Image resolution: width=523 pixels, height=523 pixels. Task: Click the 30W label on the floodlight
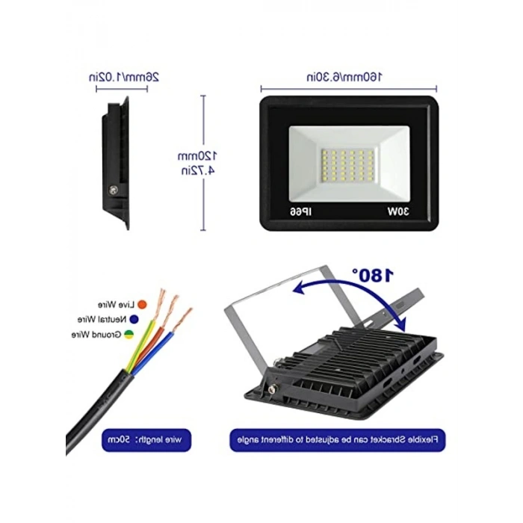398,211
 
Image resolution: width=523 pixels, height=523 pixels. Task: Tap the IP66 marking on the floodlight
300,211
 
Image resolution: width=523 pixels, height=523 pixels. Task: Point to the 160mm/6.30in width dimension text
344,77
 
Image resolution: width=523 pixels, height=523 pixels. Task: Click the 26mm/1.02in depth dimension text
124,77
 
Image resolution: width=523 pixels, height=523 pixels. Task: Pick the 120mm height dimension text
197,155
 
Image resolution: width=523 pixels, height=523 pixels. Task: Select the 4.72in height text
198,170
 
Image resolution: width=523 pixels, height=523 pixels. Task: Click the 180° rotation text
374,275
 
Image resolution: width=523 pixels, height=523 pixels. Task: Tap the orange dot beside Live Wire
142,305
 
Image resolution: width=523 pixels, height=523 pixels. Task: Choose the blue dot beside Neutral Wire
134,319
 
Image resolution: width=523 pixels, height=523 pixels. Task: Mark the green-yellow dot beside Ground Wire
129,334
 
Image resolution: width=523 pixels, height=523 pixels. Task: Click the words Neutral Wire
102,319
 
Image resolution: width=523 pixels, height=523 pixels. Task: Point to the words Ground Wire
96,334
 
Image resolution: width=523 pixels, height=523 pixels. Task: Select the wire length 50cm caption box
146,440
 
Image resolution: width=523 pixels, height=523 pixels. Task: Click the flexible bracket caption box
338,440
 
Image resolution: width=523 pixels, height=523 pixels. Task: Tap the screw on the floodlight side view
114,190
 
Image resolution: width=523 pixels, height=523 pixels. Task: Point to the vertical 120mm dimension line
203,163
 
